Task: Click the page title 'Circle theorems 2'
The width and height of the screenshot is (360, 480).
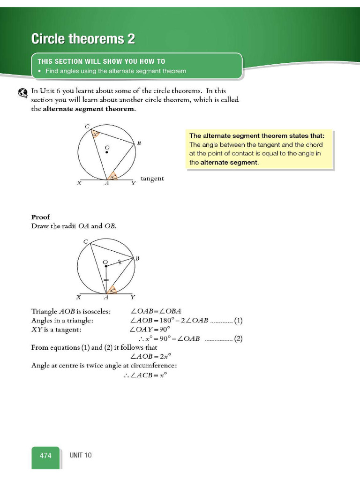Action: (83, 39)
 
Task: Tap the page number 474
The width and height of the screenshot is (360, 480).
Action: (45, 455)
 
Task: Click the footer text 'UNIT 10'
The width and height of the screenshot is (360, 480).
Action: (81, 455)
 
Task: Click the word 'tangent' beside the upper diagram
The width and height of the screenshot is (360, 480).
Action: (152, 179)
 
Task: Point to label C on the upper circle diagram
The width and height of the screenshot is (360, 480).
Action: (86, 126)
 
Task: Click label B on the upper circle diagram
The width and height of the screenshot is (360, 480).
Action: (139, 143)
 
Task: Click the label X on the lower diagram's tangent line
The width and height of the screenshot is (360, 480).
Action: (79, 297)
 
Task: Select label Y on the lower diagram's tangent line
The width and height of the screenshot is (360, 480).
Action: (133, 297)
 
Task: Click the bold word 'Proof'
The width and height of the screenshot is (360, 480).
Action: (41, 217)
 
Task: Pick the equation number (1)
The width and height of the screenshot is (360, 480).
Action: (238, 321)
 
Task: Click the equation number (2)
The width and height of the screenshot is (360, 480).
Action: (238, 338)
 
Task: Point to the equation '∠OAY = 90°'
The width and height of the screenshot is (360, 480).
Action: (150, 330)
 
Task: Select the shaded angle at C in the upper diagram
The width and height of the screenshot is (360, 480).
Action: (96, 135)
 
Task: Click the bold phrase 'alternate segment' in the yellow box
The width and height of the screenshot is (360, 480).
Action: (229, 163)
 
